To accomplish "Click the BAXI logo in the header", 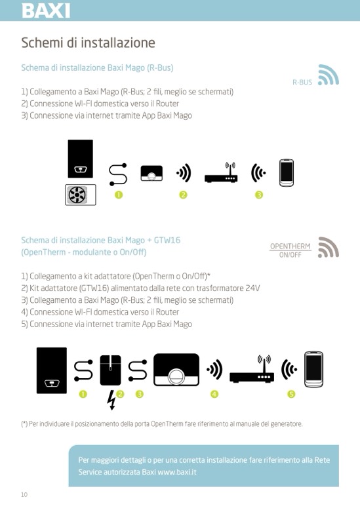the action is [46, 10].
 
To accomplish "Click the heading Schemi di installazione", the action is [88, 43].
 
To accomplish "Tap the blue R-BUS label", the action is [302, 83].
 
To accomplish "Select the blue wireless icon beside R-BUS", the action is [329, 75].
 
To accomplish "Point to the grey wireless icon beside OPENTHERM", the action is [329, 248].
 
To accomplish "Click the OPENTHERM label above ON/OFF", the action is [290, 246].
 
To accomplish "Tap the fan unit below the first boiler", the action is [81, 195].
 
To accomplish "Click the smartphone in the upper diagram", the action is [287, 172].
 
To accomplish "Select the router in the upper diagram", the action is [221, 172].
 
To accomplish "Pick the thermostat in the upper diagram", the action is [151, 173].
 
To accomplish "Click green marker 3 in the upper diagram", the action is [258, 195].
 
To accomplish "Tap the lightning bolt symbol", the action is [111, 400].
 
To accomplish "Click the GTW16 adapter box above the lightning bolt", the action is [111, 370].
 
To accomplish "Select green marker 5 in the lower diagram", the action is [291, 394].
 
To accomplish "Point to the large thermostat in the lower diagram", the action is [176, 370].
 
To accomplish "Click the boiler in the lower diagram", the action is [52, 370].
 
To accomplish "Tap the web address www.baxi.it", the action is [177, 472].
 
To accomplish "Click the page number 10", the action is [24, 494].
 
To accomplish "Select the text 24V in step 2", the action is [252, 288].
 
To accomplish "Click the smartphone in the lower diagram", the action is [313, 369].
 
